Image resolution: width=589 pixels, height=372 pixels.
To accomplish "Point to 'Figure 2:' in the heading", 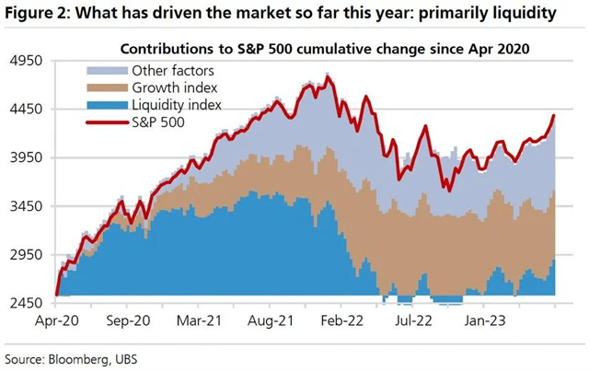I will click(x=37, y=14).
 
